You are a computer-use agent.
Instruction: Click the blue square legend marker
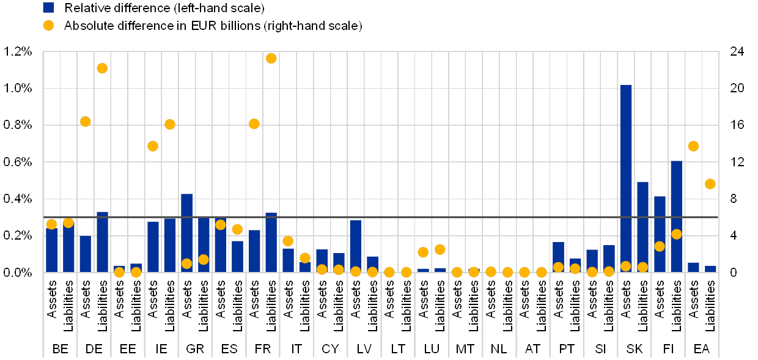[x=49, y=7]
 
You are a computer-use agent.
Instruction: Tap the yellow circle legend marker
[x=49, y=26]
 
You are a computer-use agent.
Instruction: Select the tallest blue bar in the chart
[x=626, y=178]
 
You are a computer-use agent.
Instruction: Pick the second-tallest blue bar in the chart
[x=676, y=216]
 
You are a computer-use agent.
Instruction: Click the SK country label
[x=635, y=349]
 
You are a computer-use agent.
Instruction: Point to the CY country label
[x=330, y=349]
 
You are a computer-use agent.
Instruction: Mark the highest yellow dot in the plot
[x=271, y=58]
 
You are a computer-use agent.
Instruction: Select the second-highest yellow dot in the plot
[x=102, y=68]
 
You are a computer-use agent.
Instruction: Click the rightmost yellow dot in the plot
[x=710, y=184]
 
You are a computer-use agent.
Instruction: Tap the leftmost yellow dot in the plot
[x=51, y=224]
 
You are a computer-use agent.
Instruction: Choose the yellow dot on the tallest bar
[x=626, y=266]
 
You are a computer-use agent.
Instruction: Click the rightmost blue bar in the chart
[x=710, y=269]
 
